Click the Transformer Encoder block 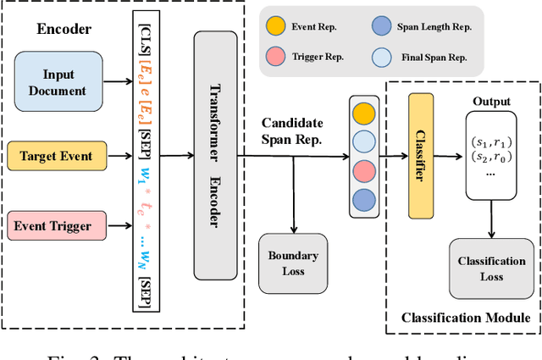click(216, 155)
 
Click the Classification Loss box click(492, 269)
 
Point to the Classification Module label click(464, 318)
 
